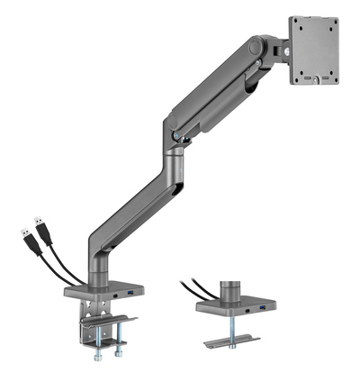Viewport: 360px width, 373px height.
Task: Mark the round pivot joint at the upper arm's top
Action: (258, 45)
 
